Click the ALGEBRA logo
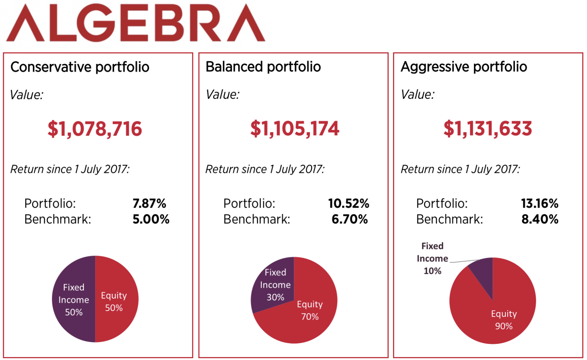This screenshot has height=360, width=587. pos(136,23)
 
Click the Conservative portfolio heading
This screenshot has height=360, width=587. pos(80,67)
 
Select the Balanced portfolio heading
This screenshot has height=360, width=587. pos(263,67)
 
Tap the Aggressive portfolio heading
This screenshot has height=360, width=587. pos(463,67)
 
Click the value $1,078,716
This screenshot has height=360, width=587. pos(95,129)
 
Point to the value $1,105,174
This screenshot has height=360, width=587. pos(295,129)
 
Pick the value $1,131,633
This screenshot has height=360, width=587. pos(487,129)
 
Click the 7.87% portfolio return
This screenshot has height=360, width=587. pos(149,204)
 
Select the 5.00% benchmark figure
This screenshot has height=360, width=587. pos(151,219)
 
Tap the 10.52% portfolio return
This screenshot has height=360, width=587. pos(349,204)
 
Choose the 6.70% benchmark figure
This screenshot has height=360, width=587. pos(350,219)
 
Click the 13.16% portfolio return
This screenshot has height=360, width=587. pos(539,204)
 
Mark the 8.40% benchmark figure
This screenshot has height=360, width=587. pos(540,219)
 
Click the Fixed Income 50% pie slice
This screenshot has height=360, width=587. pos(73,299)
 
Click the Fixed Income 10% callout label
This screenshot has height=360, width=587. pos(432,259)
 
